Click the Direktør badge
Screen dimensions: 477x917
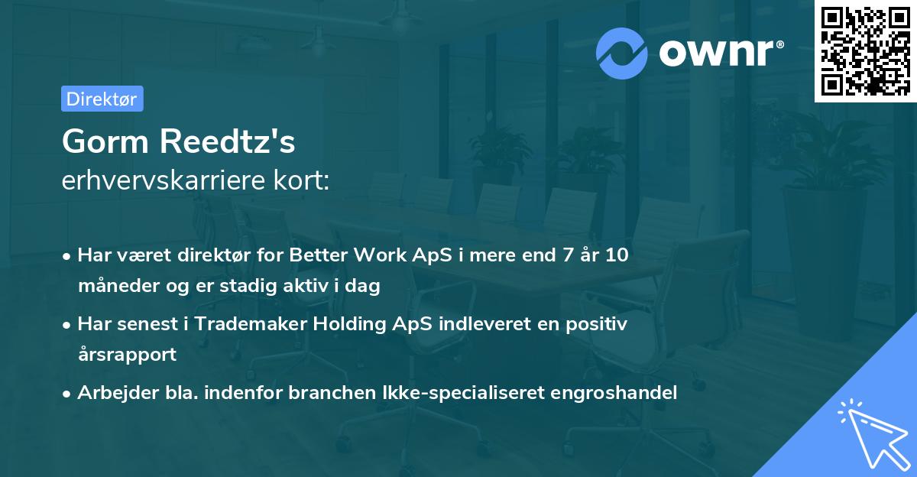(102, 99)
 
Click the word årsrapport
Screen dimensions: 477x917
(127, 355)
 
